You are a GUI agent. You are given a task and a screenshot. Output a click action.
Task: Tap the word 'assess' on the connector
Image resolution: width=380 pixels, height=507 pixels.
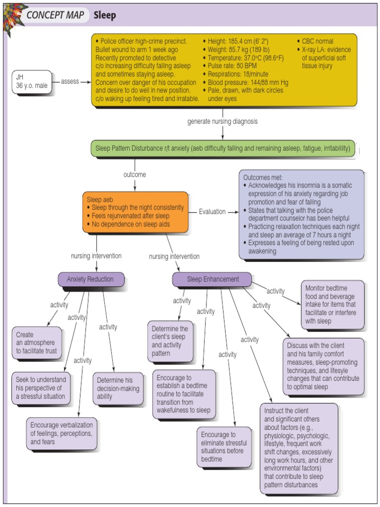pyautogui.click(x=70, y=81)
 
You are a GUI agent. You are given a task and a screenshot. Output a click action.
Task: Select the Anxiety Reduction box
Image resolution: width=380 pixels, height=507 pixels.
pyautogui.click(x=91, y=279)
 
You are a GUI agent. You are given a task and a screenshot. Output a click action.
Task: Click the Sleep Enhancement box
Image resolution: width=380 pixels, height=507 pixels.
pyautogui.click(x=212, y=279)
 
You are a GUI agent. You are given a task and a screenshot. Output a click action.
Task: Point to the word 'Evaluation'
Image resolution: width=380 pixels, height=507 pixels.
pyautogui.click(x=212, y=211)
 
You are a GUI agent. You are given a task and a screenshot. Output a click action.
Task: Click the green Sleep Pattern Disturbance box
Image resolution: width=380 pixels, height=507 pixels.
pyautogui.click(x=223, y=149)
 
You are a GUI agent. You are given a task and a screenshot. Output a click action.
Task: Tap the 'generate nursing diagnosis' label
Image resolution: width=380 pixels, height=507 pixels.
pyautogui.click(x=222, y=121)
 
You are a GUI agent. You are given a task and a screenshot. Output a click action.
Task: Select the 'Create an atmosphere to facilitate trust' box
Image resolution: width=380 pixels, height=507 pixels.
pyautogui.click(x=37, y=343)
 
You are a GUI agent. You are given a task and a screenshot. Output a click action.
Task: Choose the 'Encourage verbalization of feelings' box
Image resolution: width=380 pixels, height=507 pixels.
pyautogui.click(x=61, y=433)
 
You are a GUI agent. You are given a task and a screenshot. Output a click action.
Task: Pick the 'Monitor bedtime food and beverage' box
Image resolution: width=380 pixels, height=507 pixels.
pyautogui.click(x=332, y=304)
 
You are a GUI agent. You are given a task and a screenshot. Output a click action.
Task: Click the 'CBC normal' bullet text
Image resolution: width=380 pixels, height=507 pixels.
pyautogui.click(x=317, y=41)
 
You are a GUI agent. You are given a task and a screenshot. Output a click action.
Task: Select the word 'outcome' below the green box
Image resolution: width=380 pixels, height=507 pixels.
pyautogui.click(x=135, y=175)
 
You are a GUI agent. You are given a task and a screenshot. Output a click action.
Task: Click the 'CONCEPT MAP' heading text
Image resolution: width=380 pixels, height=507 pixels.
pyautogui.click(x=55, y=15)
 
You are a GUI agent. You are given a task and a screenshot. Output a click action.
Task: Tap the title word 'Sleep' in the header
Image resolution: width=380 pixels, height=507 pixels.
pyautogui.click(x=105, y=15)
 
